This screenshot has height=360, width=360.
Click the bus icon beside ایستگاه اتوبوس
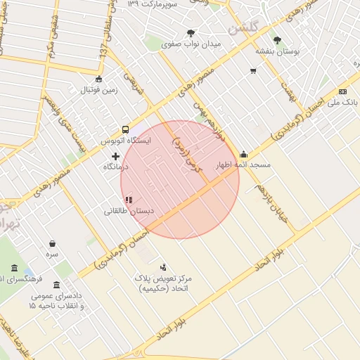pyautogui.click(x=125, y=129)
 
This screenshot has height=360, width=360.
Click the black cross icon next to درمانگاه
pyautogui.click(x=115, y=155)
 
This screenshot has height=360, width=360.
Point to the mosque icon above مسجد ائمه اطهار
pyautogui.click(x=243, y=155)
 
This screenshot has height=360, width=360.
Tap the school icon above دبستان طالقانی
pyautogui.click(x=128, y=200)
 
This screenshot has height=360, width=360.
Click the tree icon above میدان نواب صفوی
pyautogui.click(x=191, y=33)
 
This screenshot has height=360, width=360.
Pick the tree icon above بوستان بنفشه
pyautogui.click(x=276, y=41)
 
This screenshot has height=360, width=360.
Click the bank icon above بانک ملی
pyautogui.click(x=342, y=91)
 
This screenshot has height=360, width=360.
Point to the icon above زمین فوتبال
pyautogui.click(x=98, y=79)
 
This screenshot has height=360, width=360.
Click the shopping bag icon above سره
pyautogui.click(x=53, y=243)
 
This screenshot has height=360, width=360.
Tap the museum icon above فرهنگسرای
pyautogui.click(x=15, y=268)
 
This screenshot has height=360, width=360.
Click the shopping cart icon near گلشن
pyautogui.click(x=252, y=71)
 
